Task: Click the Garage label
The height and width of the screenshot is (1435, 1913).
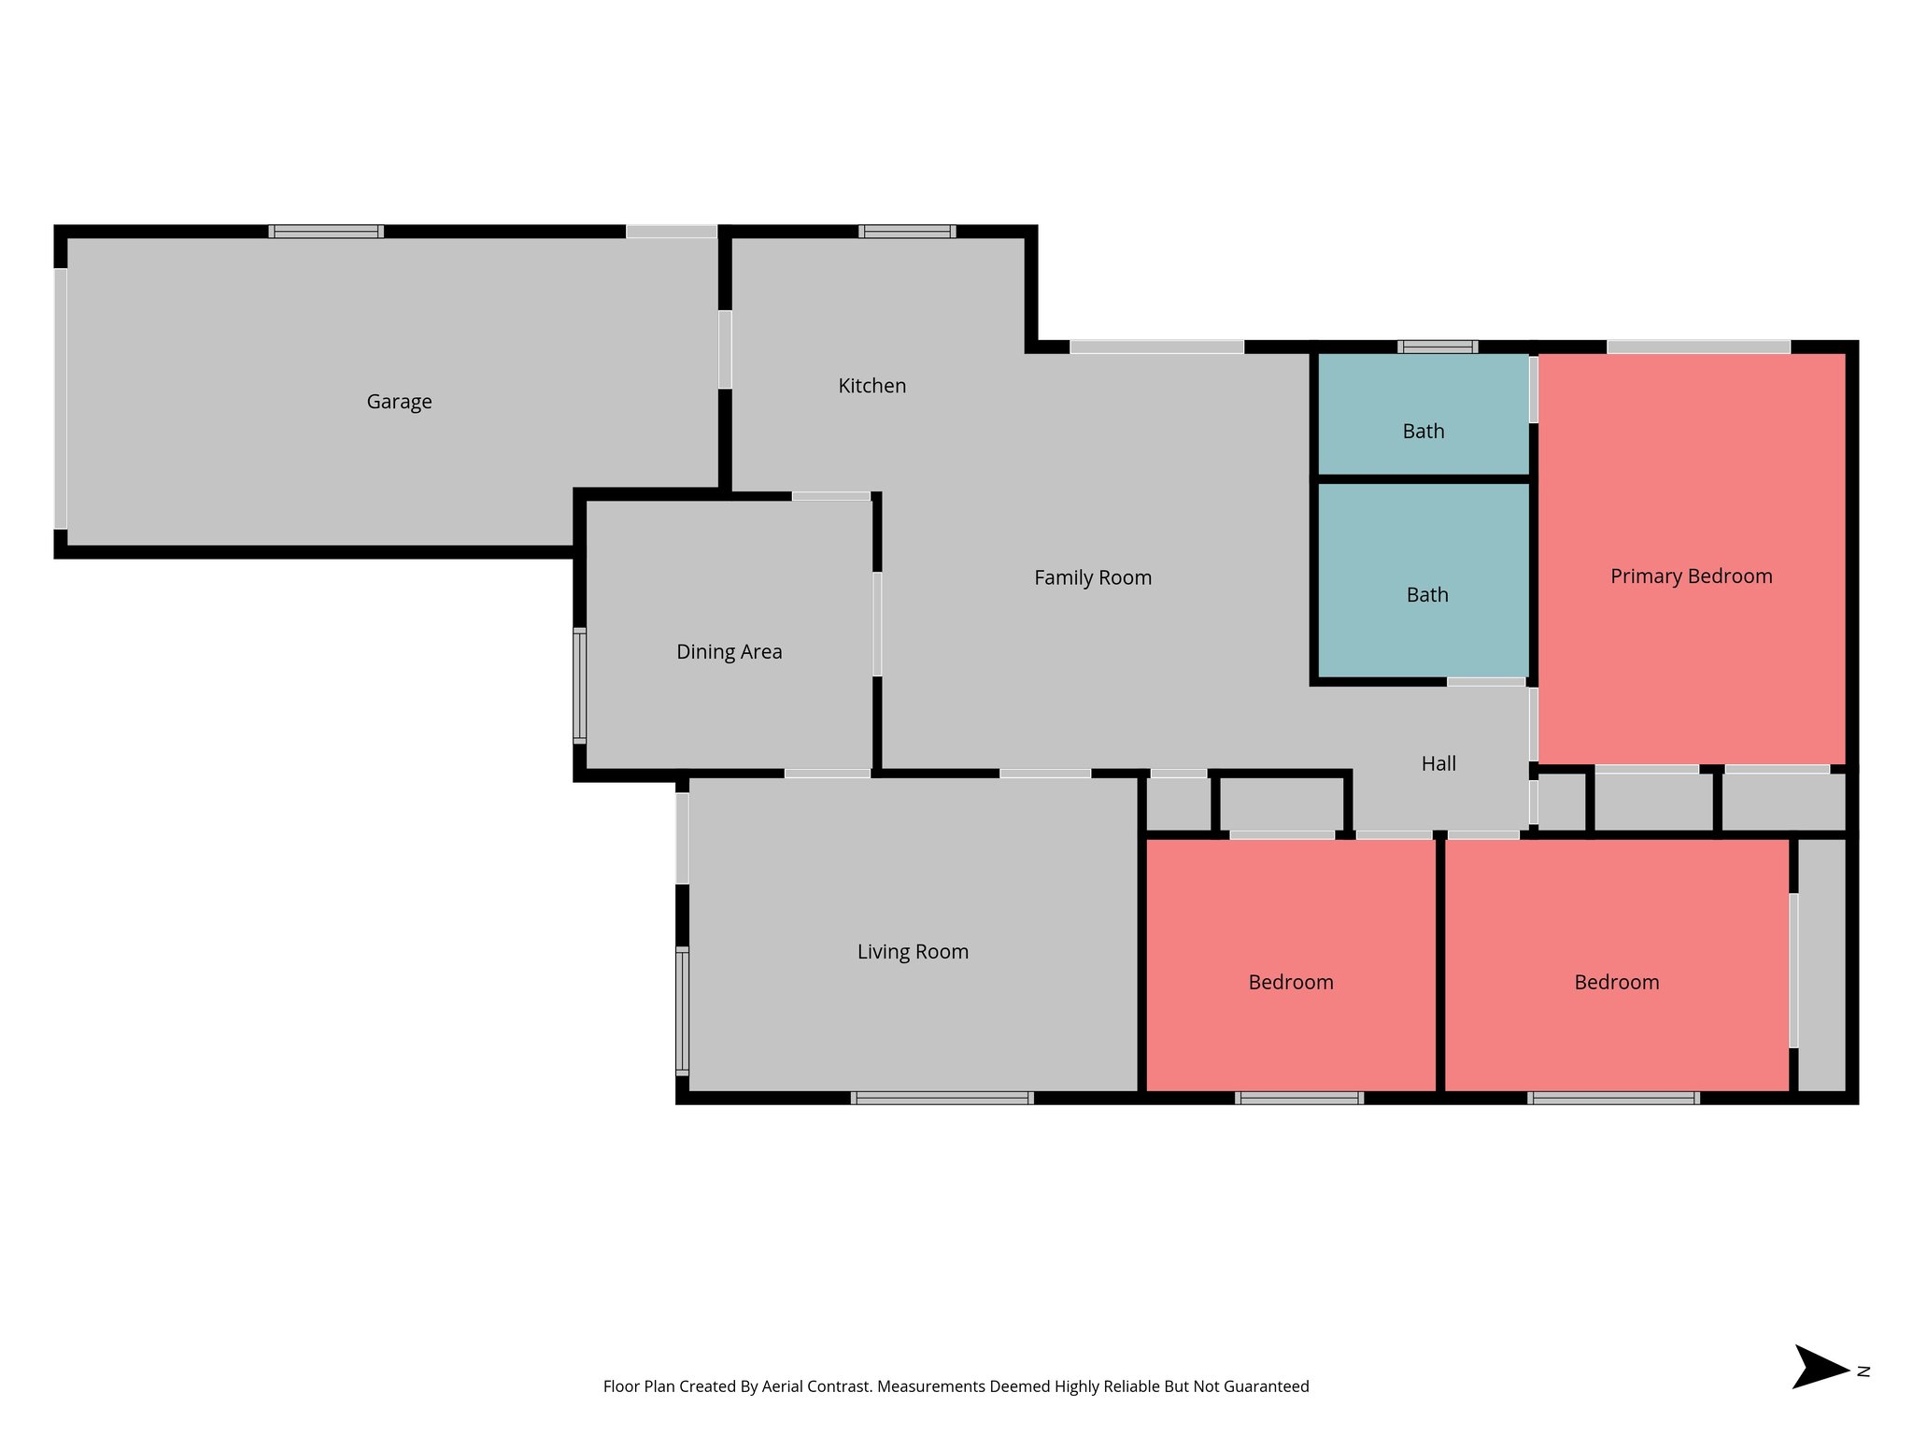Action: pos(399,402)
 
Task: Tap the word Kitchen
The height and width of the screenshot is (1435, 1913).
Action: pos(871,386)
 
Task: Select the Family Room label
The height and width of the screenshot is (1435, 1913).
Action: pos(1092,578)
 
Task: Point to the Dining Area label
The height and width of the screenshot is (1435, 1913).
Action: pos(729,652)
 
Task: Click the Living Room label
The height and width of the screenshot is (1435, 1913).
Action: pos(913,952)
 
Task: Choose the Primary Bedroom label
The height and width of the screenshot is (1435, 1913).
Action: pos(1691,576)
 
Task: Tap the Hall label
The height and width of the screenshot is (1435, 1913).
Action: pos(1438,764)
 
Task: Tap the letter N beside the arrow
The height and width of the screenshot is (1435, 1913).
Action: pos(1863,1371)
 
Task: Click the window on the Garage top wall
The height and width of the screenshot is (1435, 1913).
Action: pos(326,232)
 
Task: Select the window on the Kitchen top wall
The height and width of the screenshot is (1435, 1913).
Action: pos(907,232)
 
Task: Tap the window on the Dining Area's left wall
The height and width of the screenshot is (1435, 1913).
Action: pos(580,687)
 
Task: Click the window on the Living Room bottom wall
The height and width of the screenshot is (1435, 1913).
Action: pos(942,1098)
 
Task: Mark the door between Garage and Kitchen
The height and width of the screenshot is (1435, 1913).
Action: pos(725,349)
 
